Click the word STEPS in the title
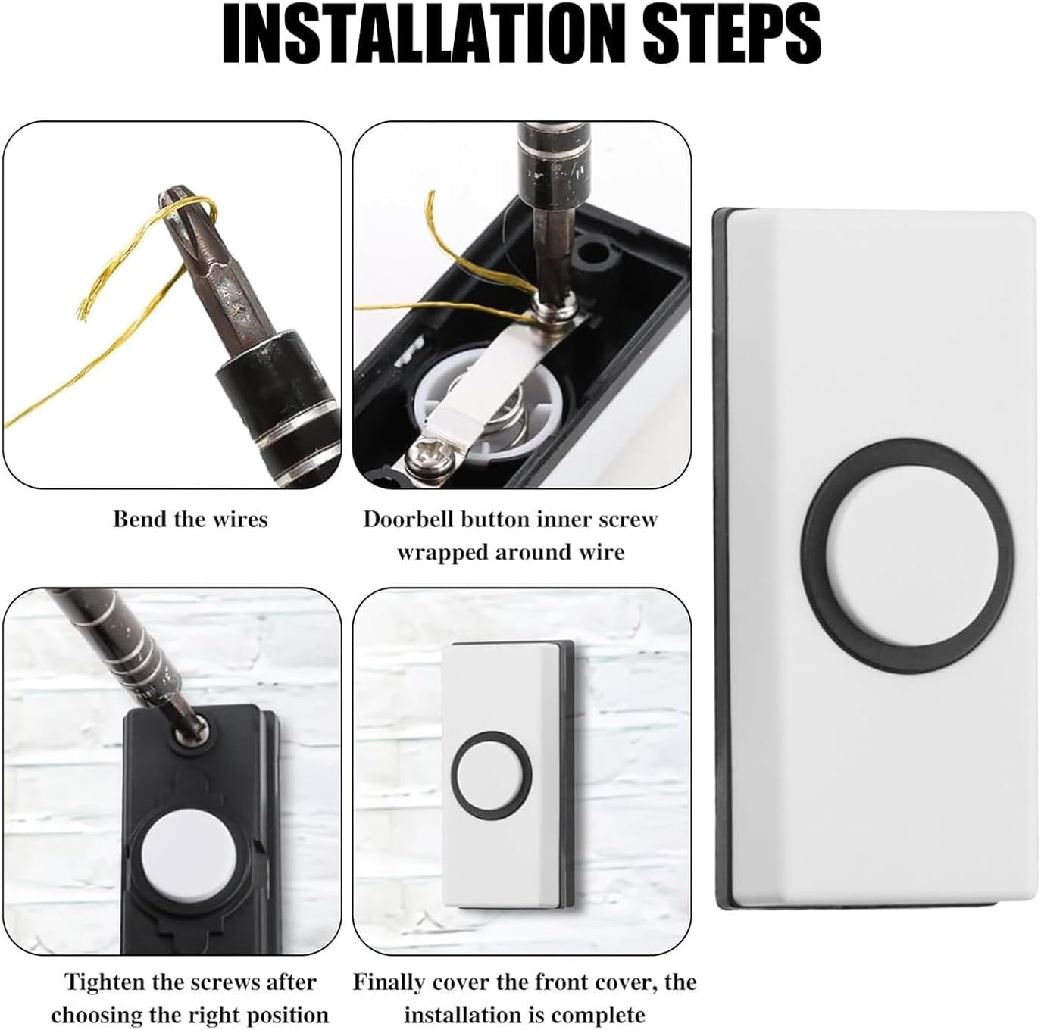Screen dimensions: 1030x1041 click(x=732, y=34)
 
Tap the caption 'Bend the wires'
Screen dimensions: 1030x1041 click(x=190, y=520)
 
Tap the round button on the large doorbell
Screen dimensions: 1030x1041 click(x=907, y=557)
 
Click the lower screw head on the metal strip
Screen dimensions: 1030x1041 click(x=423, y=456)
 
